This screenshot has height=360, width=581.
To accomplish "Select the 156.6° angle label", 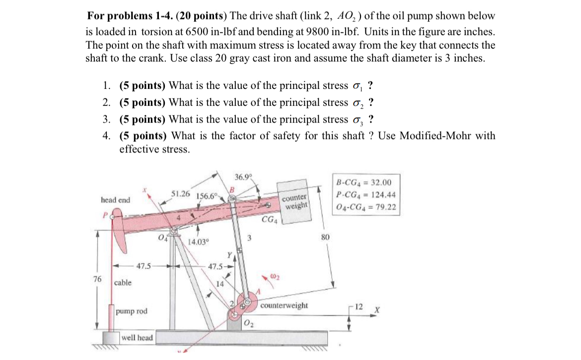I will click(x=208, y=195).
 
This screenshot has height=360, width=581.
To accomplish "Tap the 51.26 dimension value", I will click(x=181, y=193).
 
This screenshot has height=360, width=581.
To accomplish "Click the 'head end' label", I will click(x=115, y=200).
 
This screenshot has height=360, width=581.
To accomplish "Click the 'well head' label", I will click(x=138, y=338).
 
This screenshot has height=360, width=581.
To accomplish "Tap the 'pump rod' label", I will click(x=132, y=311).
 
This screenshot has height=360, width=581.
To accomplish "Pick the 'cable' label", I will click(x=123, y=283).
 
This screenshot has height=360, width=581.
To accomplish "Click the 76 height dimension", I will click(x=97, y=279).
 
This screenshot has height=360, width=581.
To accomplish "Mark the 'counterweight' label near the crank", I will click(x=284, y=305).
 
